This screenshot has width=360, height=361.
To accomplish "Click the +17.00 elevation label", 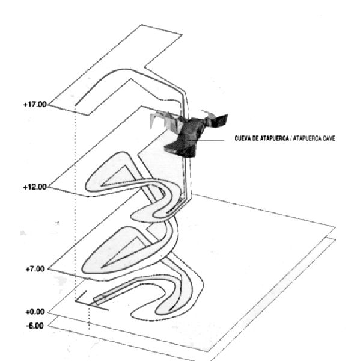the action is click(x=35, y=105).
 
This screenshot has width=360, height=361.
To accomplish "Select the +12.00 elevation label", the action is click(x=35, y=187).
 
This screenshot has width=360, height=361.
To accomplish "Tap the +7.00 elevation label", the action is click(x=35, y=269).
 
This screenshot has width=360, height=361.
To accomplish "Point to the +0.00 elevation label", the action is click(x=35, y=312).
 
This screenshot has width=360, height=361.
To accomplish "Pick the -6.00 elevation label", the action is click(x=35, y=326).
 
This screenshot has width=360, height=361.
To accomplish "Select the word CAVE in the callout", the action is click(x=329, y=138).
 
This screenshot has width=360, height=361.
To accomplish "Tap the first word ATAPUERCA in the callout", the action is click(x=275, y=138).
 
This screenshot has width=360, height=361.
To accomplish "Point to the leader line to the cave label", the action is click(x=206, y=140).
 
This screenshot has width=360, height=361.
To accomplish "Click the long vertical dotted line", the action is click(x=75, y=203).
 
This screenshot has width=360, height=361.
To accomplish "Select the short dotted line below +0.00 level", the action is click(x=89, y=317).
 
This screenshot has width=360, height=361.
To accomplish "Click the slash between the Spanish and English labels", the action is click(x=291, y=138).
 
